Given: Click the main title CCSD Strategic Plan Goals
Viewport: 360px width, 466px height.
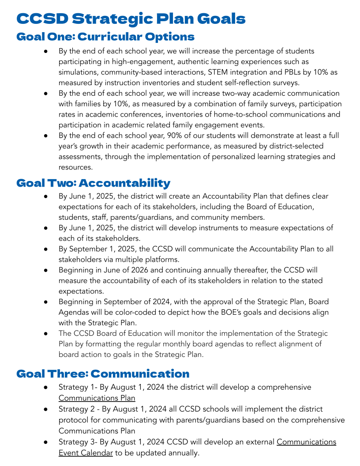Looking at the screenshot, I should (x=131, y=19).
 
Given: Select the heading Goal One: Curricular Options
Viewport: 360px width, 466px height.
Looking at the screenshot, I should (x=105, y=37).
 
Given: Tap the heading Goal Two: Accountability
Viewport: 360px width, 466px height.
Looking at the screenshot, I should (x=93, y=183).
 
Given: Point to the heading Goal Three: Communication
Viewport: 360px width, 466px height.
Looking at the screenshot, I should (x=103, y=374).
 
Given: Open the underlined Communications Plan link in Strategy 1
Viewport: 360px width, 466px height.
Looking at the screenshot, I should (x=97, y=398).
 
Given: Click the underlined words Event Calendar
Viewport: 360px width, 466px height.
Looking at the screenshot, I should (x=86, y=453).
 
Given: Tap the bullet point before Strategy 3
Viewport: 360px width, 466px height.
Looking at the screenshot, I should (x=46, y=442).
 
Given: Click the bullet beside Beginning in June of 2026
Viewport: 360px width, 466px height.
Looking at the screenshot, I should (x=46, y=270).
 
